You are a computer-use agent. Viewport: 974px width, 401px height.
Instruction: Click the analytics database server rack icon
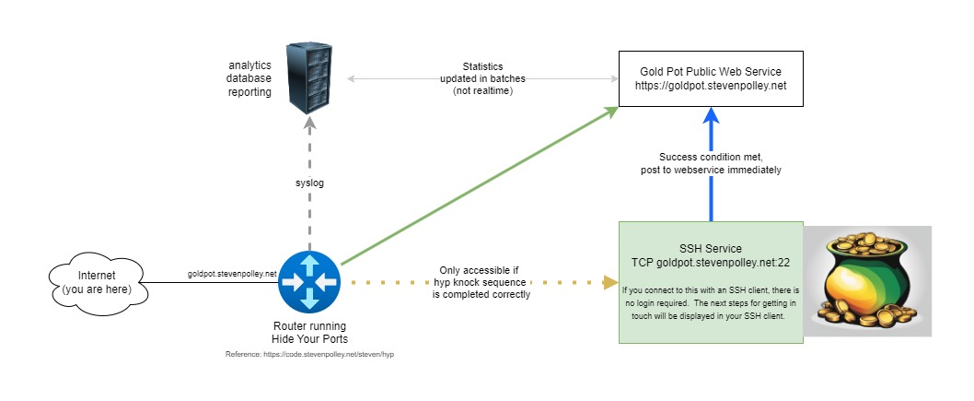coord(307,77)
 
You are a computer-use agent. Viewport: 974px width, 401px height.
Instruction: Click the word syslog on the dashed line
coord(309,183)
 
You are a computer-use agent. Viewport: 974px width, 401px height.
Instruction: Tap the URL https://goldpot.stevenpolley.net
coord(710,85)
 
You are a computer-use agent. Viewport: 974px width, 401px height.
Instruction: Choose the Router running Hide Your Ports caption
coord(309,333)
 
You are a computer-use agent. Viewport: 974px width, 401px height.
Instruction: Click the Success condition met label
coord(711,162)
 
